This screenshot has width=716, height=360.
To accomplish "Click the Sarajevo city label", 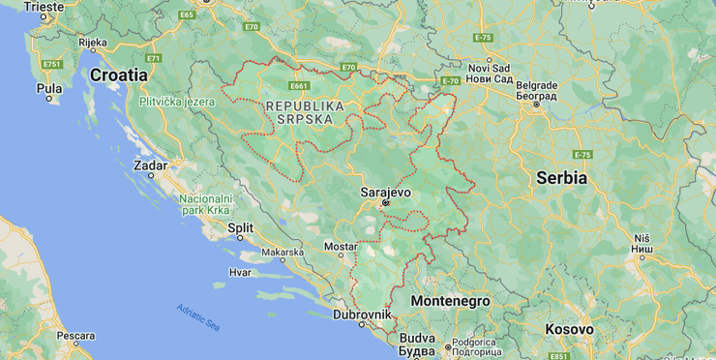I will point(385,192).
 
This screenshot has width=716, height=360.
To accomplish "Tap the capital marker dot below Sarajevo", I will point(385,203).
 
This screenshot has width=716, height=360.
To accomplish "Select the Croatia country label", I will point(119,74).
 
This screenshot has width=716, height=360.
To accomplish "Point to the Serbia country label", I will point(562,178).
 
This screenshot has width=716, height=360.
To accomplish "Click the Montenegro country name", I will point(450,301).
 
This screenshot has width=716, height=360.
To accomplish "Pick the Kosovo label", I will point(569,329).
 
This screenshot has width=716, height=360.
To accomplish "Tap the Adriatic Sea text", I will point(197,317).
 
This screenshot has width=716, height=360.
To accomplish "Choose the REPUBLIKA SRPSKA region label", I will point(305,111).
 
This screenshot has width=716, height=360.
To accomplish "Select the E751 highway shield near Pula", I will point(51,64).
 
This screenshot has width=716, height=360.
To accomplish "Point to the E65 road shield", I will point(187,15).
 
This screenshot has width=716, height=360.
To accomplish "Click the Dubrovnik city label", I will point(362,315).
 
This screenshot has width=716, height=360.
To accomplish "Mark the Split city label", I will point(240,228).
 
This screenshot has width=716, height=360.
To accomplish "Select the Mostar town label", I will point(340,247).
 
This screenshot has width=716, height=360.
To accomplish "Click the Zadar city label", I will point(150,165).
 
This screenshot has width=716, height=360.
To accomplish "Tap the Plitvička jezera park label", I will point(177,101).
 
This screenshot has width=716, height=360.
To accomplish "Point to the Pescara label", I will point(75,336).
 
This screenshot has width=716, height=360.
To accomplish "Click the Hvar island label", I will point(240,272).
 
